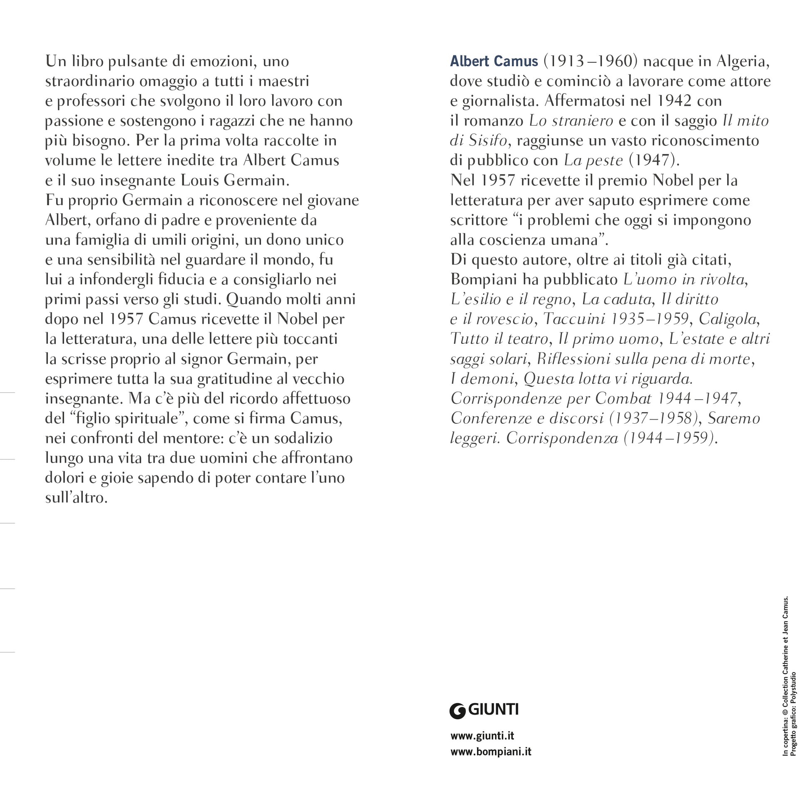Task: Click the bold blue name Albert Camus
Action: (494, 61)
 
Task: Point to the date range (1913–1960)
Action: (590, 61)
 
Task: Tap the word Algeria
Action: (743, 61)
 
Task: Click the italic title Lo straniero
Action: (571, 121)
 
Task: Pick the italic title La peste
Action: (593, 160)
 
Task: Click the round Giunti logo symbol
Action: (457, 711)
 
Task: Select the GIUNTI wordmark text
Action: (494, 709)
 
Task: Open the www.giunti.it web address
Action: (482, 736)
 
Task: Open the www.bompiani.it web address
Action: (490, 752)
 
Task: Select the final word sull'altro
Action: (76, 498)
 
